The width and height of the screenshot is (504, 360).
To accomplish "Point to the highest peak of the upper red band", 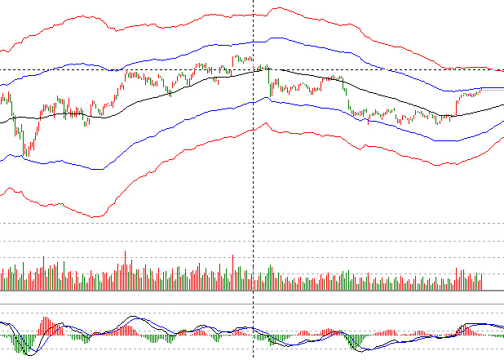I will pyautogui.click(x=276, y=9).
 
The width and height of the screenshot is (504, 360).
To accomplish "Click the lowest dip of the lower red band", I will pyautogui.click(x=95, y=217).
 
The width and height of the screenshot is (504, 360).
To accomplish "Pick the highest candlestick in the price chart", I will pyautogui.click(x=236, y=58).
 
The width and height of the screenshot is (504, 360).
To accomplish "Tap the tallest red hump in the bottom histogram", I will pyautogui.click(x=467, y=329).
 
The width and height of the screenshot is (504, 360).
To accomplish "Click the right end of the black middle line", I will pyautogui.click(x=502, y=105).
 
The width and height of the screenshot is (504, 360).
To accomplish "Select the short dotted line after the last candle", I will pyautogui.click(x=493, y=87).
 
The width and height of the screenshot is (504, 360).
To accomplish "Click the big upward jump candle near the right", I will pyautogui.click(x=456, y=105).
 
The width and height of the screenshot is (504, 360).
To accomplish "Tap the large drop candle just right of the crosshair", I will pyautogui.click(x=270, y=82).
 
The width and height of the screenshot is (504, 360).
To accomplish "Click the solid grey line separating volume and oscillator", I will pyautogui.click(x=251, y=304).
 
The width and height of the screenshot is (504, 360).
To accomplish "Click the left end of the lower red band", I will pyautogui.click(x=2, y=193).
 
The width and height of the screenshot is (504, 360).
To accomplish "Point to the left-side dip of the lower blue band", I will pyautogui.click(x=98, y=170).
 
